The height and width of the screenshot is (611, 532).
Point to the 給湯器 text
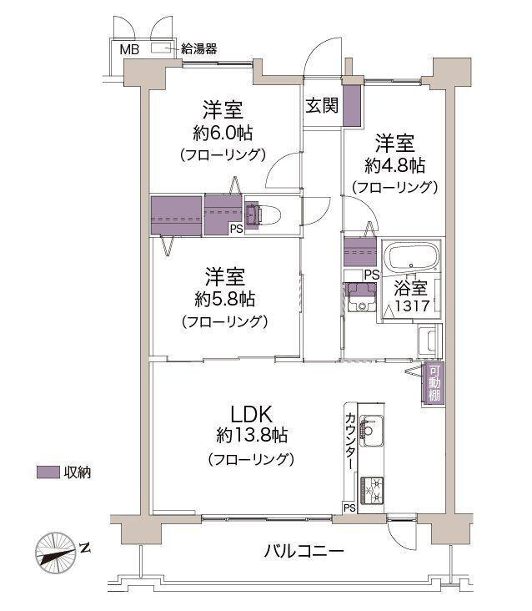[199, 50]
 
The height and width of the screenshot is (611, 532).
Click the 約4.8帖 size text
[394, 164]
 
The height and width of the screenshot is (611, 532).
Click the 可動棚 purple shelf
[434, 384]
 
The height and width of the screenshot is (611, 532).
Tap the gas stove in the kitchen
[373, 489]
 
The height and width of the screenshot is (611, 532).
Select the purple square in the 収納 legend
[48, 472]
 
